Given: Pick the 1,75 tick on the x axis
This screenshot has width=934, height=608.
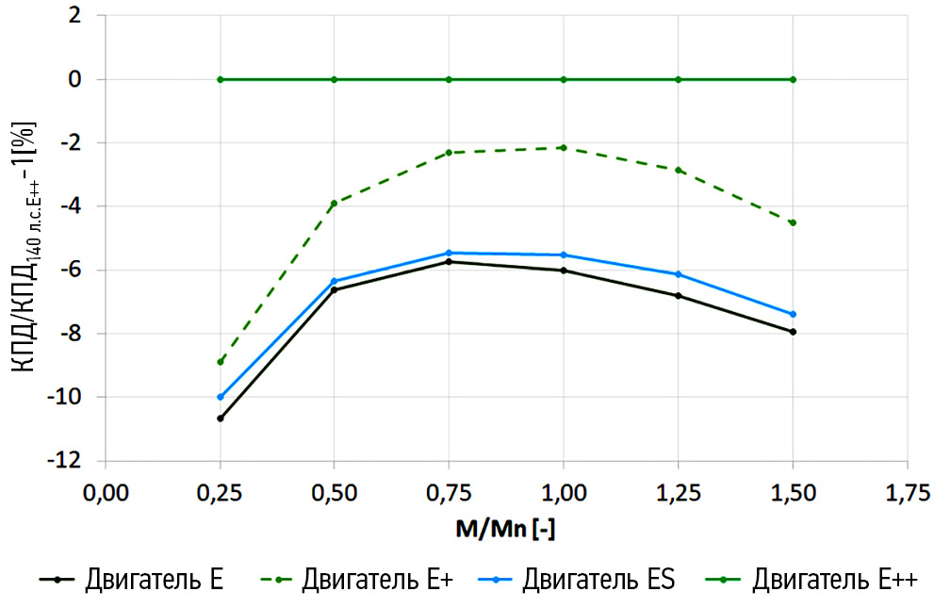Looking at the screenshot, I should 907,492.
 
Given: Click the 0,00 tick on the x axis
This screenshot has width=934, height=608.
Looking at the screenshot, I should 106,492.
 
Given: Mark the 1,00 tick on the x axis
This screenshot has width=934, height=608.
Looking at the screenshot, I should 564,492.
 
